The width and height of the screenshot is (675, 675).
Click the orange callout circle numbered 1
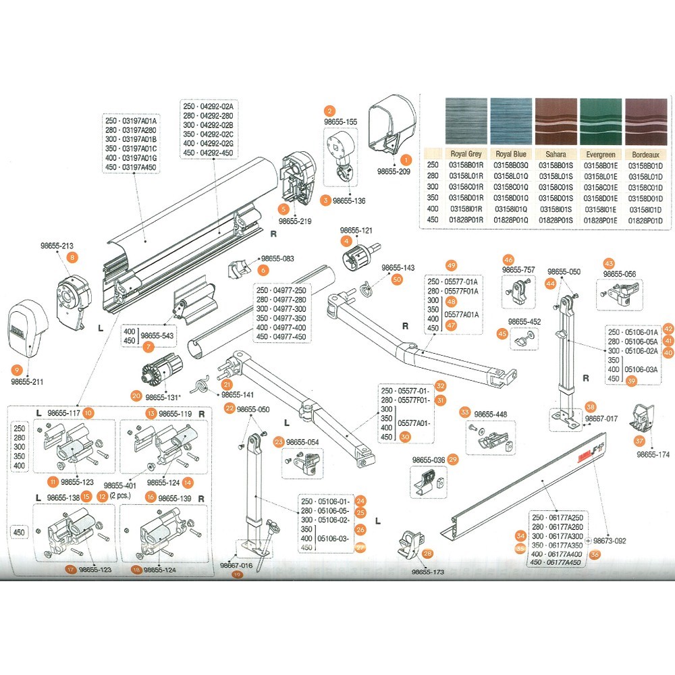click(x=406, y=160)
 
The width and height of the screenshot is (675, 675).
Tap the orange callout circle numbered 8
click(x=72, y=256)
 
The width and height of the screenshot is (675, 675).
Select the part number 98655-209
click(x=394, y=172)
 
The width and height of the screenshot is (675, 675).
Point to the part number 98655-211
click(x=27, y=381)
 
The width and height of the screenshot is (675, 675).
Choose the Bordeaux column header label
click(x=646, y=154)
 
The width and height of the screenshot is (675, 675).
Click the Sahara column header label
click(x=556, y=154)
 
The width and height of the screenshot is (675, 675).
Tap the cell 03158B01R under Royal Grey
click(x=466, y=165)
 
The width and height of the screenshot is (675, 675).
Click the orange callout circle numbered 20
click(x=136, y=396)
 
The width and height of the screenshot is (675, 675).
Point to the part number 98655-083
click(x=277, y=259)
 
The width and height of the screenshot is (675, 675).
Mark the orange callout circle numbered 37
click(x=639, y=440)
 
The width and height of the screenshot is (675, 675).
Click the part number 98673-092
click(x=610, y=541)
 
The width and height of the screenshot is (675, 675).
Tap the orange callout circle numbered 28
click(x=427, y=554)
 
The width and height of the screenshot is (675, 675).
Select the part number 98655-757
click(x=519, y=270)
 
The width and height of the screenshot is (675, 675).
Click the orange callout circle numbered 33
click(x=464, y=412)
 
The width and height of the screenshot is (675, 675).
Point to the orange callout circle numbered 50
click(x=397, y=279)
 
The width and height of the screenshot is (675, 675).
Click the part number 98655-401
click(x=121, y=485)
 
